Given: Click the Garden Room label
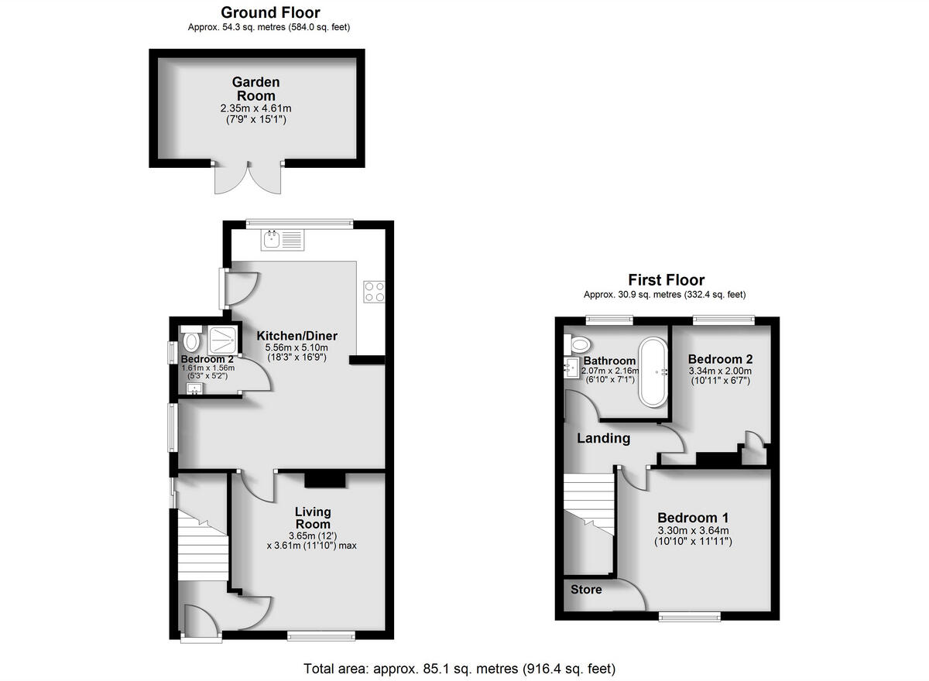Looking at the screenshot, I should pos(255,88).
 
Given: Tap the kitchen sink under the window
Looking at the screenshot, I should pos(284,241).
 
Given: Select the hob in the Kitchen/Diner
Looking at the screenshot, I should pos(375,292).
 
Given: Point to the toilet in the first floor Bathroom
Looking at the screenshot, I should pos(577,343).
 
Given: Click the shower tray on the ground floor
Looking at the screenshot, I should pos(222,340).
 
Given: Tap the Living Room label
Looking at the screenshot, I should pos(313,518).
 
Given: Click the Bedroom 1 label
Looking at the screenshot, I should pos(693,518).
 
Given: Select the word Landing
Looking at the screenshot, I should pos(604,438).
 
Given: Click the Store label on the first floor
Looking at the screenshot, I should pos(586,590).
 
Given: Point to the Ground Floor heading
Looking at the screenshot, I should pos(270,12).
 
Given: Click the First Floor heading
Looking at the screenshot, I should pos(666,280).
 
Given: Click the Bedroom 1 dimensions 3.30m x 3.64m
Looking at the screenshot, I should pos(693,530).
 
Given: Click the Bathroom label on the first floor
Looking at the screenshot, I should pos(610,361).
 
